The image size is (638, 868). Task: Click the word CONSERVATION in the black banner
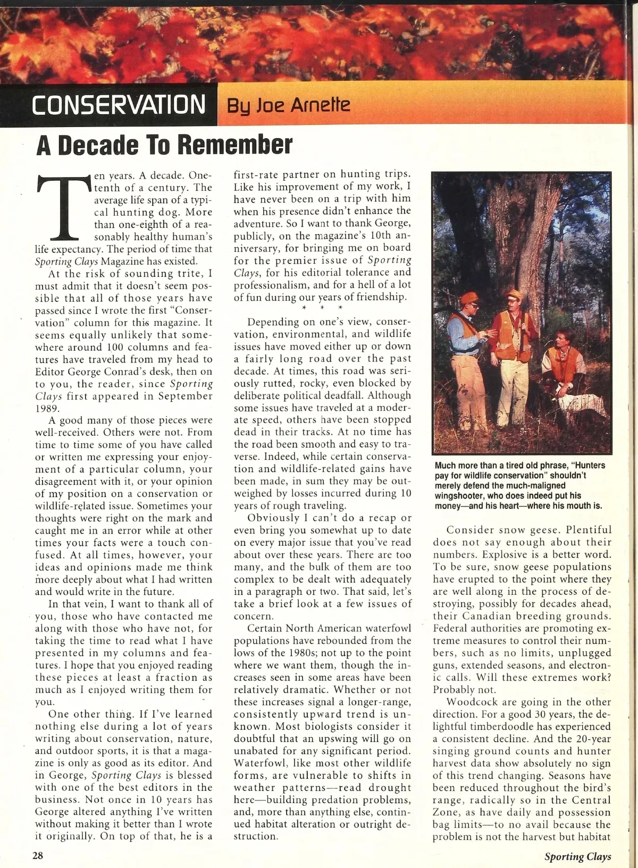pos(118,105)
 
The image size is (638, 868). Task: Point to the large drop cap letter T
pos(63,207)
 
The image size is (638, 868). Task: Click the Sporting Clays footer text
pos(577,856)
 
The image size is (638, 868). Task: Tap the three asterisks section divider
pos(322,308)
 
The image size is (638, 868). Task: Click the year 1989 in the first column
pos(47,408)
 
